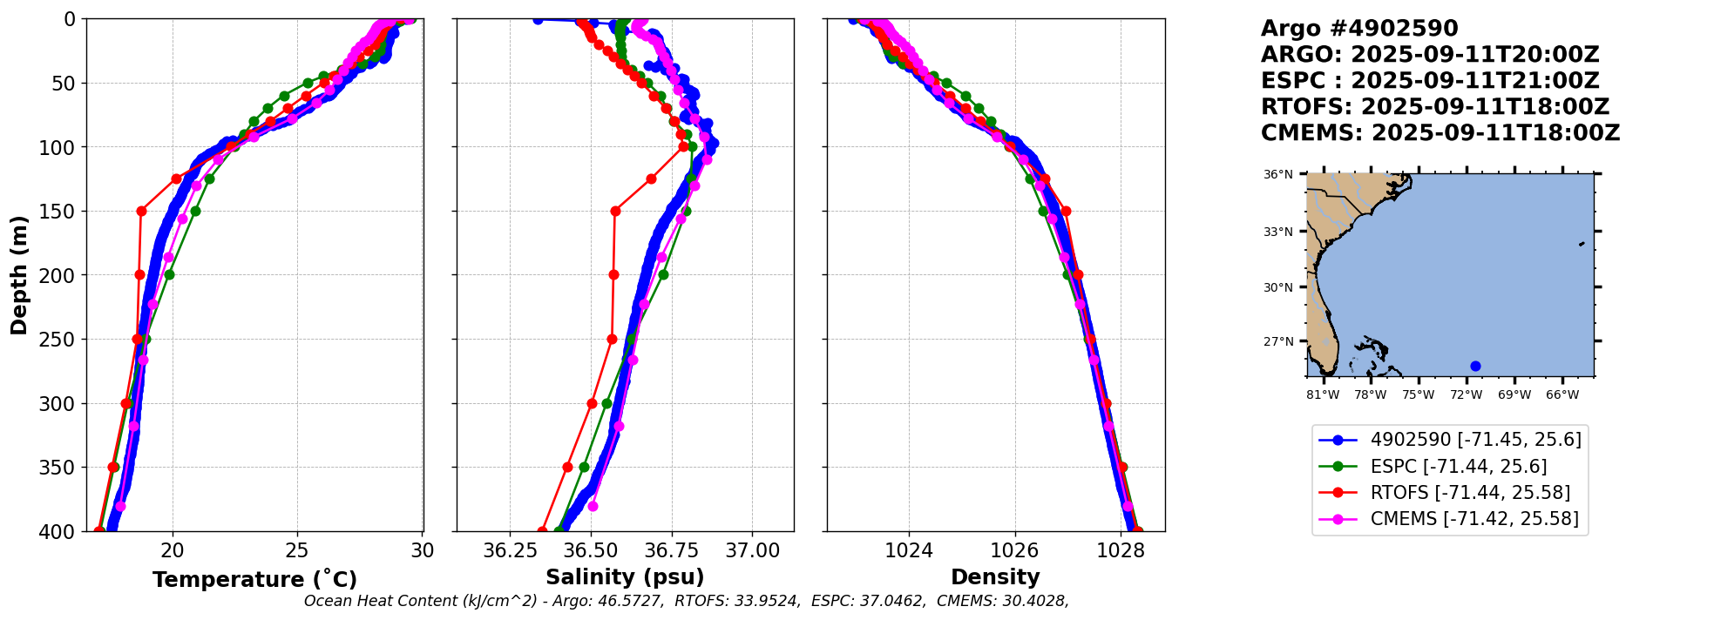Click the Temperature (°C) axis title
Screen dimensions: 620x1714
click(254, 579)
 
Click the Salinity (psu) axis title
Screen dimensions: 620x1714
click(625, 577)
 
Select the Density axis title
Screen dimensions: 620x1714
click(995, 577)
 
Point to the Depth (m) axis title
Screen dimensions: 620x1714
click(19, 274)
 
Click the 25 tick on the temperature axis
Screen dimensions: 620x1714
click(297, 551)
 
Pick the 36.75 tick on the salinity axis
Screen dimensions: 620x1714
click(672, 551)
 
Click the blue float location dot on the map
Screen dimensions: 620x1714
click(1475, 366)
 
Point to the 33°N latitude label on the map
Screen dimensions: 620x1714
click(1278, 232)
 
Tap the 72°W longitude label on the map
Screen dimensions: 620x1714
click(1467, 395)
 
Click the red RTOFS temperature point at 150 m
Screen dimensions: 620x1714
click(141, 211)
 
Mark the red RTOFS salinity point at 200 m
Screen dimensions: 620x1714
click(613, 274)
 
